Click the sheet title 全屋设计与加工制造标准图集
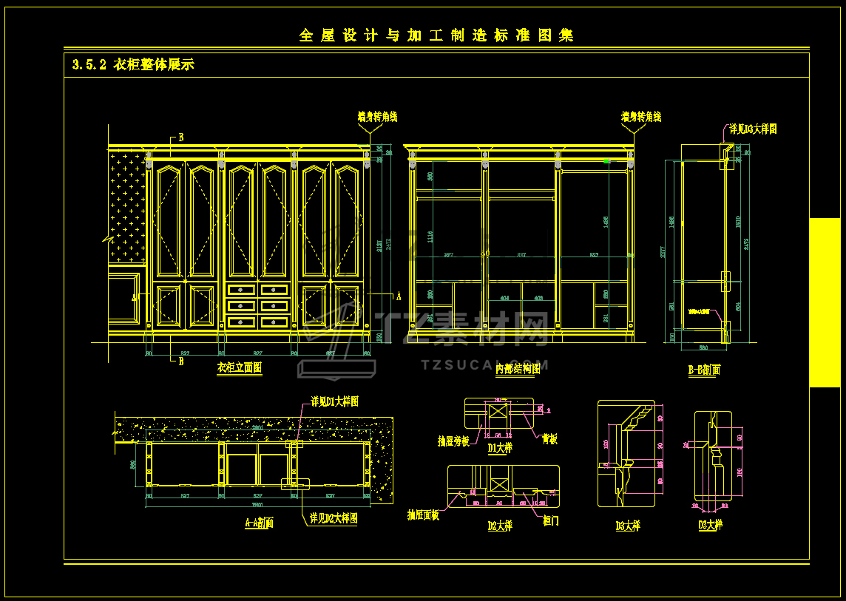[436, 35]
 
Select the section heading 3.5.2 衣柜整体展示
[133, 65]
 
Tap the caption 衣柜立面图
[240, 367]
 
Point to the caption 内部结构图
[518, 368]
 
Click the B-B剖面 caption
[704, 370]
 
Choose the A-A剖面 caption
[260, 523]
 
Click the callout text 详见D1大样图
[335, 401]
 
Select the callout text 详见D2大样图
[334, 518]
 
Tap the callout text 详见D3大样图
[754, 129]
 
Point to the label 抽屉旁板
[453, 441]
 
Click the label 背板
[549, 439]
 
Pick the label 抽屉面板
[423, 515]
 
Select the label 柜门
[551, 520]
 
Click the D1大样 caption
[500, 448]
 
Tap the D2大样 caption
[500, 526]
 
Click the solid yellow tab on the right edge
[825, 302]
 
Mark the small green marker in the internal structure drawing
[606, 160]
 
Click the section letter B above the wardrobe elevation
[181, 137]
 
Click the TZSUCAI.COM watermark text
[484, 364]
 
